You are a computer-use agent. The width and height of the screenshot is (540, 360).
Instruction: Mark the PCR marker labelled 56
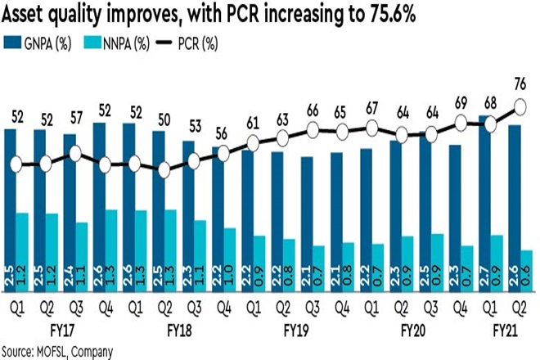(223, 152)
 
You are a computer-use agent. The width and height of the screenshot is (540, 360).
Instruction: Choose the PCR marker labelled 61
(253, 144)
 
